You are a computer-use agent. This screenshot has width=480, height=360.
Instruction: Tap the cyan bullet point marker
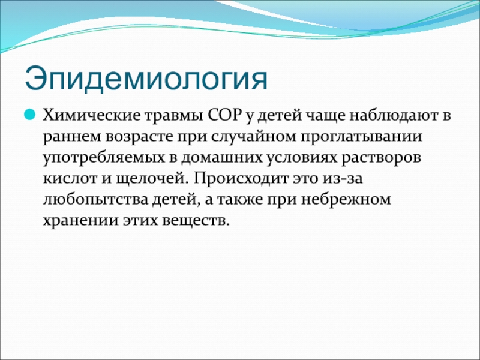coord(29,115)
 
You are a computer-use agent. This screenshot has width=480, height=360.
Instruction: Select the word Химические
coord(91,116)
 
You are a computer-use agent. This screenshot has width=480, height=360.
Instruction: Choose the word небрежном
coord(346,200)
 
